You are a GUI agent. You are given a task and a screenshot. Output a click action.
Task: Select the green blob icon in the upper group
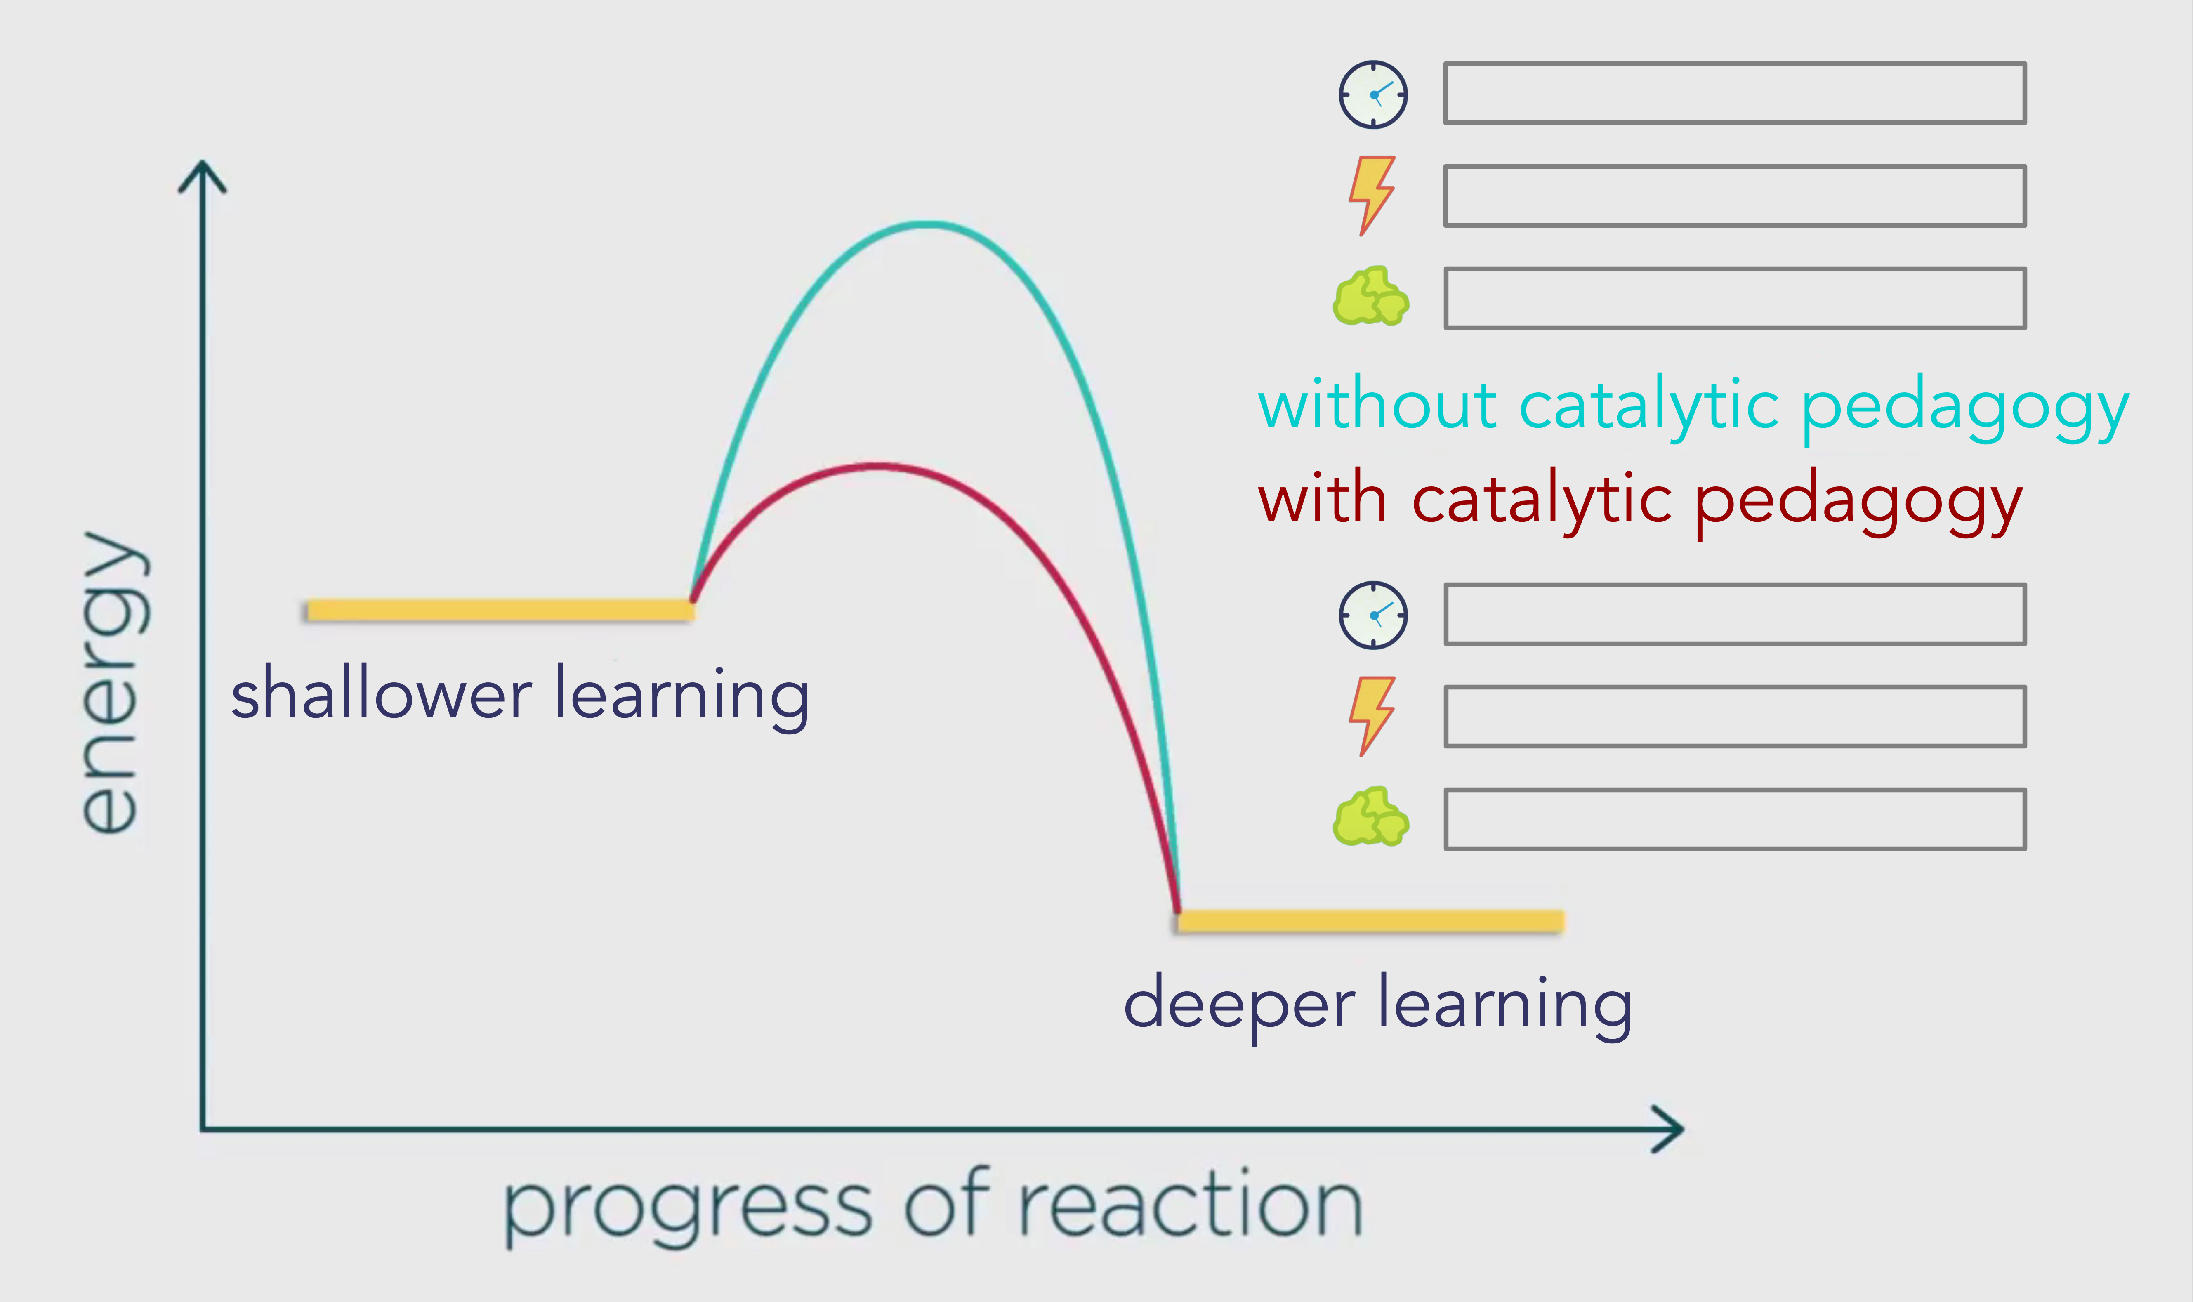1371,297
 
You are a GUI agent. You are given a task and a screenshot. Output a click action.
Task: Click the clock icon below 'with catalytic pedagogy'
1373,615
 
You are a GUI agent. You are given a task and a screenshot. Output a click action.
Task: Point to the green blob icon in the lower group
1371,817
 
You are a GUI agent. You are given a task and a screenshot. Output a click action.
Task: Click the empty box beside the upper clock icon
1735,93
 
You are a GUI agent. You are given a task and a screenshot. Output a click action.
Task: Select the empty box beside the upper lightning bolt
1735,196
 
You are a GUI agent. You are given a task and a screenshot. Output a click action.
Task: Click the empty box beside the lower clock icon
1735,614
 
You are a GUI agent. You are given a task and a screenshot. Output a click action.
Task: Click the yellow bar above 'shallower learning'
500,610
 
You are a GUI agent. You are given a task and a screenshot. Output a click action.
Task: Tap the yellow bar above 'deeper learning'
1370,920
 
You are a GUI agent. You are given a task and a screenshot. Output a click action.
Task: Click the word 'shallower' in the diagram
382,693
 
